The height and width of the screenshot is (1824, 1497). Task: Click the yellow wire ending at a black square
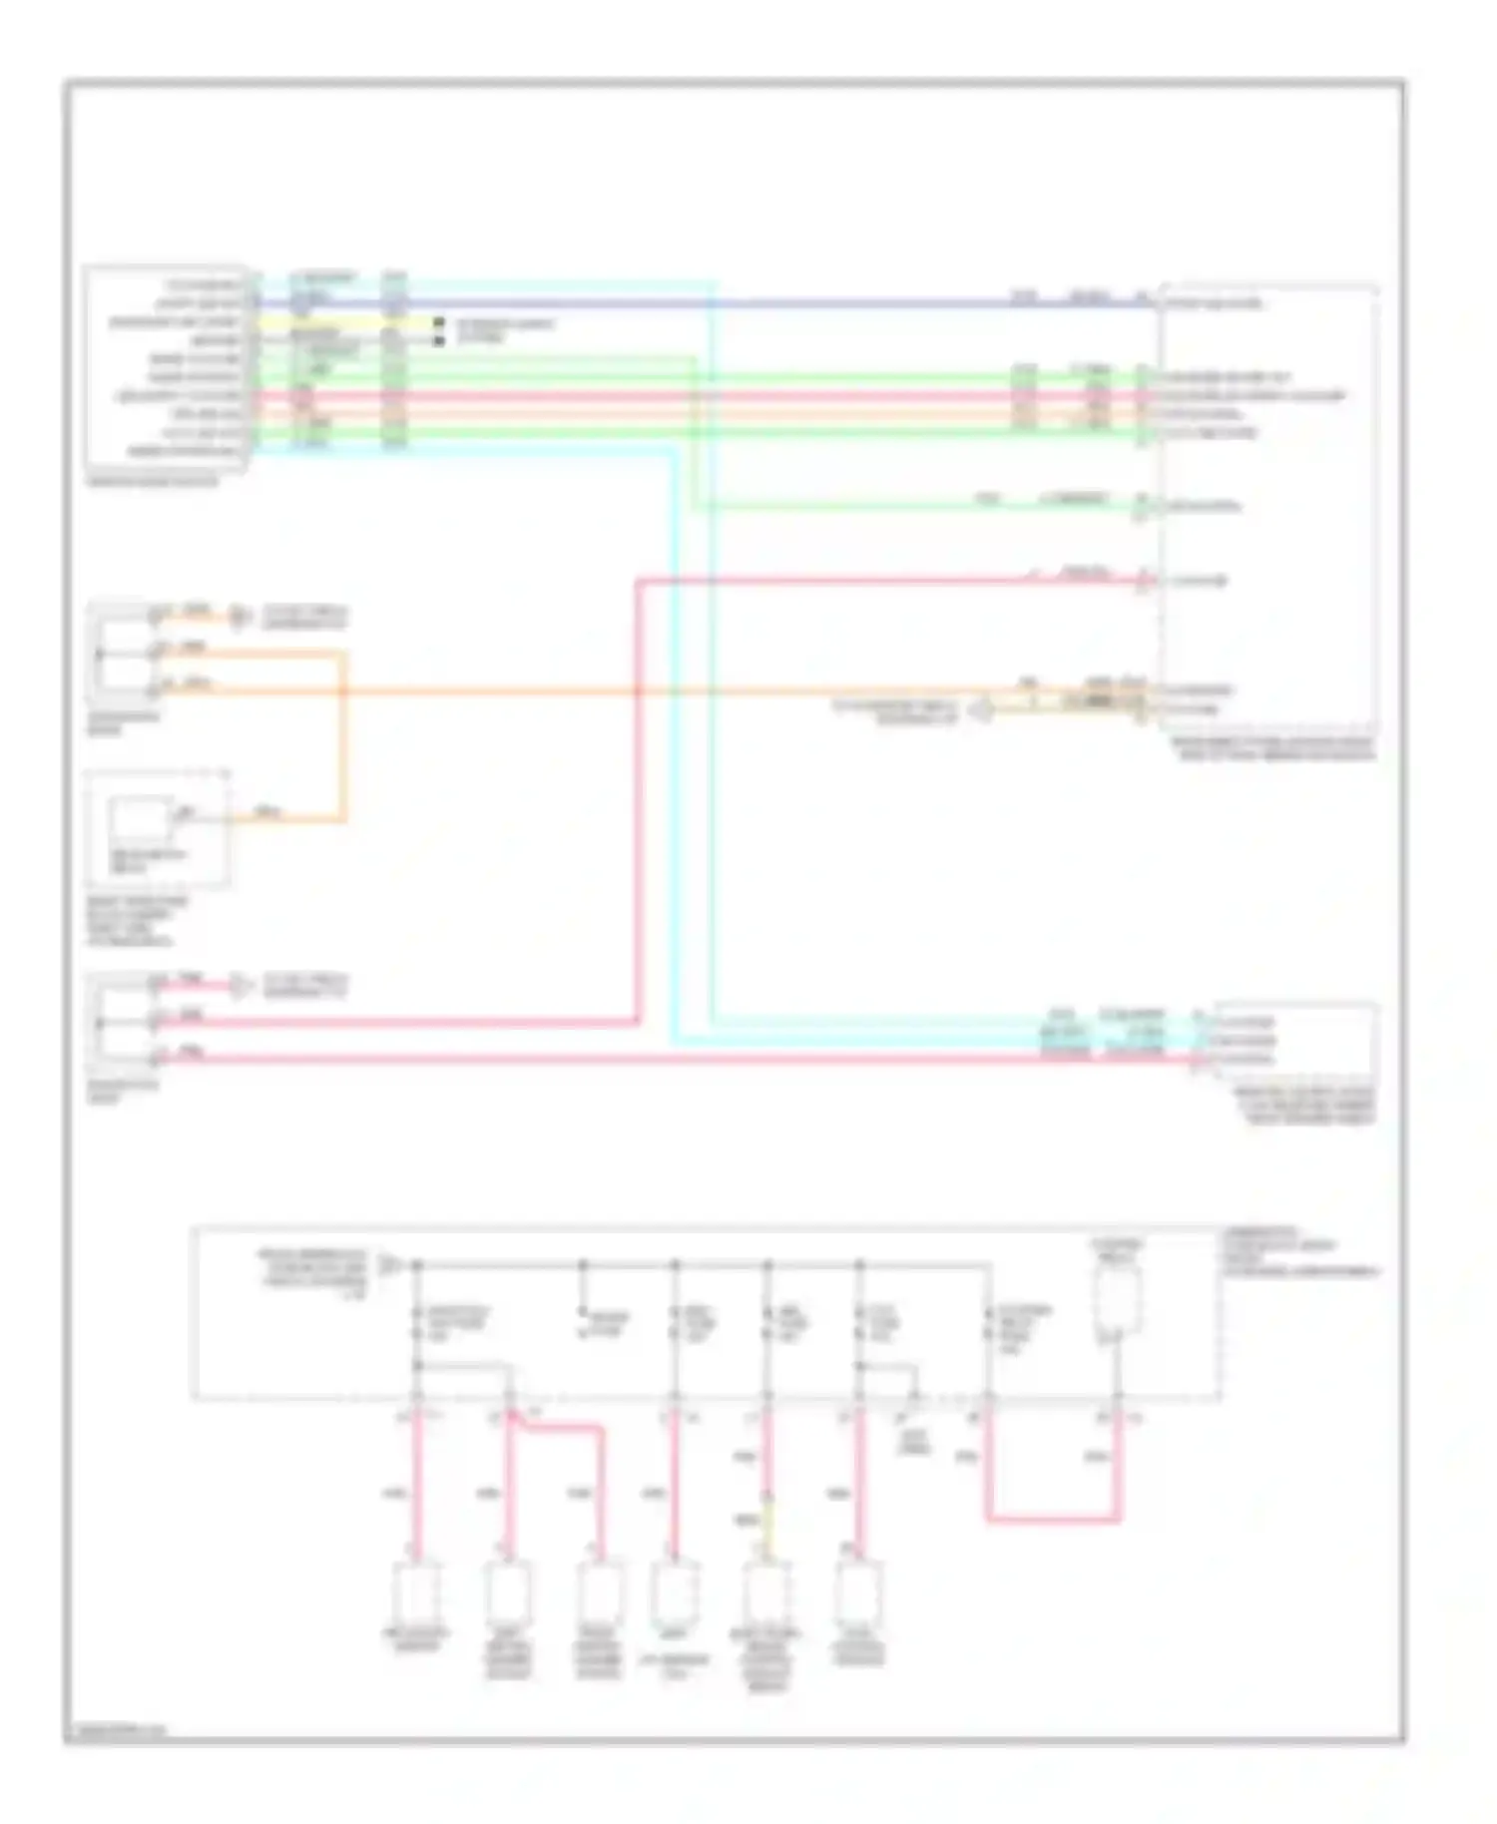[339, 323]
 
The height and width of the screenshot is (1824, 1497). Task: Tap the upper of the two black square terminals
[438, 323]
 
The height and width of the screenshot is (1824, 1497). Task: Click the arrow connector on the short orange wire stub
[239, 617]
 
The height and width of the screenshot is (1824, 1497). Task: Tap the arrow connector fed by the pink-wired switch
[240, 987]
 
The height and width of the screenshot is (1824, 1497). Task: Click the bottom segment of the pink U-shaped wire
[1053, 1521]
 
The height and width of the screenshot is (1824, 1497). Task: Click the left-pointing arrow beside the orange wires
[982, 709]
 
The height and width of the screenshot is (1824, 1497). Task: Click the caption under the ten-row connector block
[153, 482]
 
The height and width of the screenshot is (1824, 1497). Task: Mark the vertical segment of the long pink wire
[637, 798]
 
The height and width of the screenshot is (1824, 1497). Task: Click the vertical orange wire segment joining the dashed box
[343, 738]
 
